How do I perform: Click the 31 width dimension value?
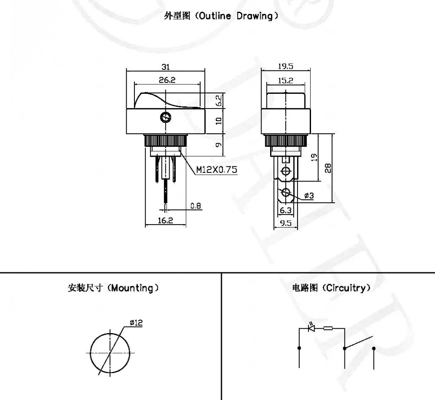[166, 66]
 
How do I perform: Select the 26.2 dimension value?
[166, 80]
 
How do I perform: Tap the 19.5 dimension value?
[285, 66]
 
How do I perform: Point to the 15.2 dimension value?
[285, 80]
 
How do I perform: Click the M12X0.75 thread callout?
[217, 170]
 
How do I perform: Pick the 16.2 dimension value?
[165, 220]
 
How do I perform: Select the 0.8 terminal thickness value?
[196, 206]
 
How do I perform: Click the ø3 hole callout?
[309, 196]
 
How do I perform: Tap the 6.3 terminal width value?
[286, 210]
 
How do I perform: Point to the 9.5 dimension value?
[285, 223]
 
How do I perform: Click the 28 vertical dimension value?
[328, 168]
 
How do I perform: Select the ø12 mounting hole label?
[136, 322]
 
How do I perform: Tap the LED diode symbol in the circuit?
[311, 328]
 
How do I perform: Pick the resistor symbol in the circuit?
[328, 328]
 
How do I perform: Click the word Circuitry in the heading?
[345, 288]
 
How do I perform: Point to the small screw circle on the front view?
[165, 117]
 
